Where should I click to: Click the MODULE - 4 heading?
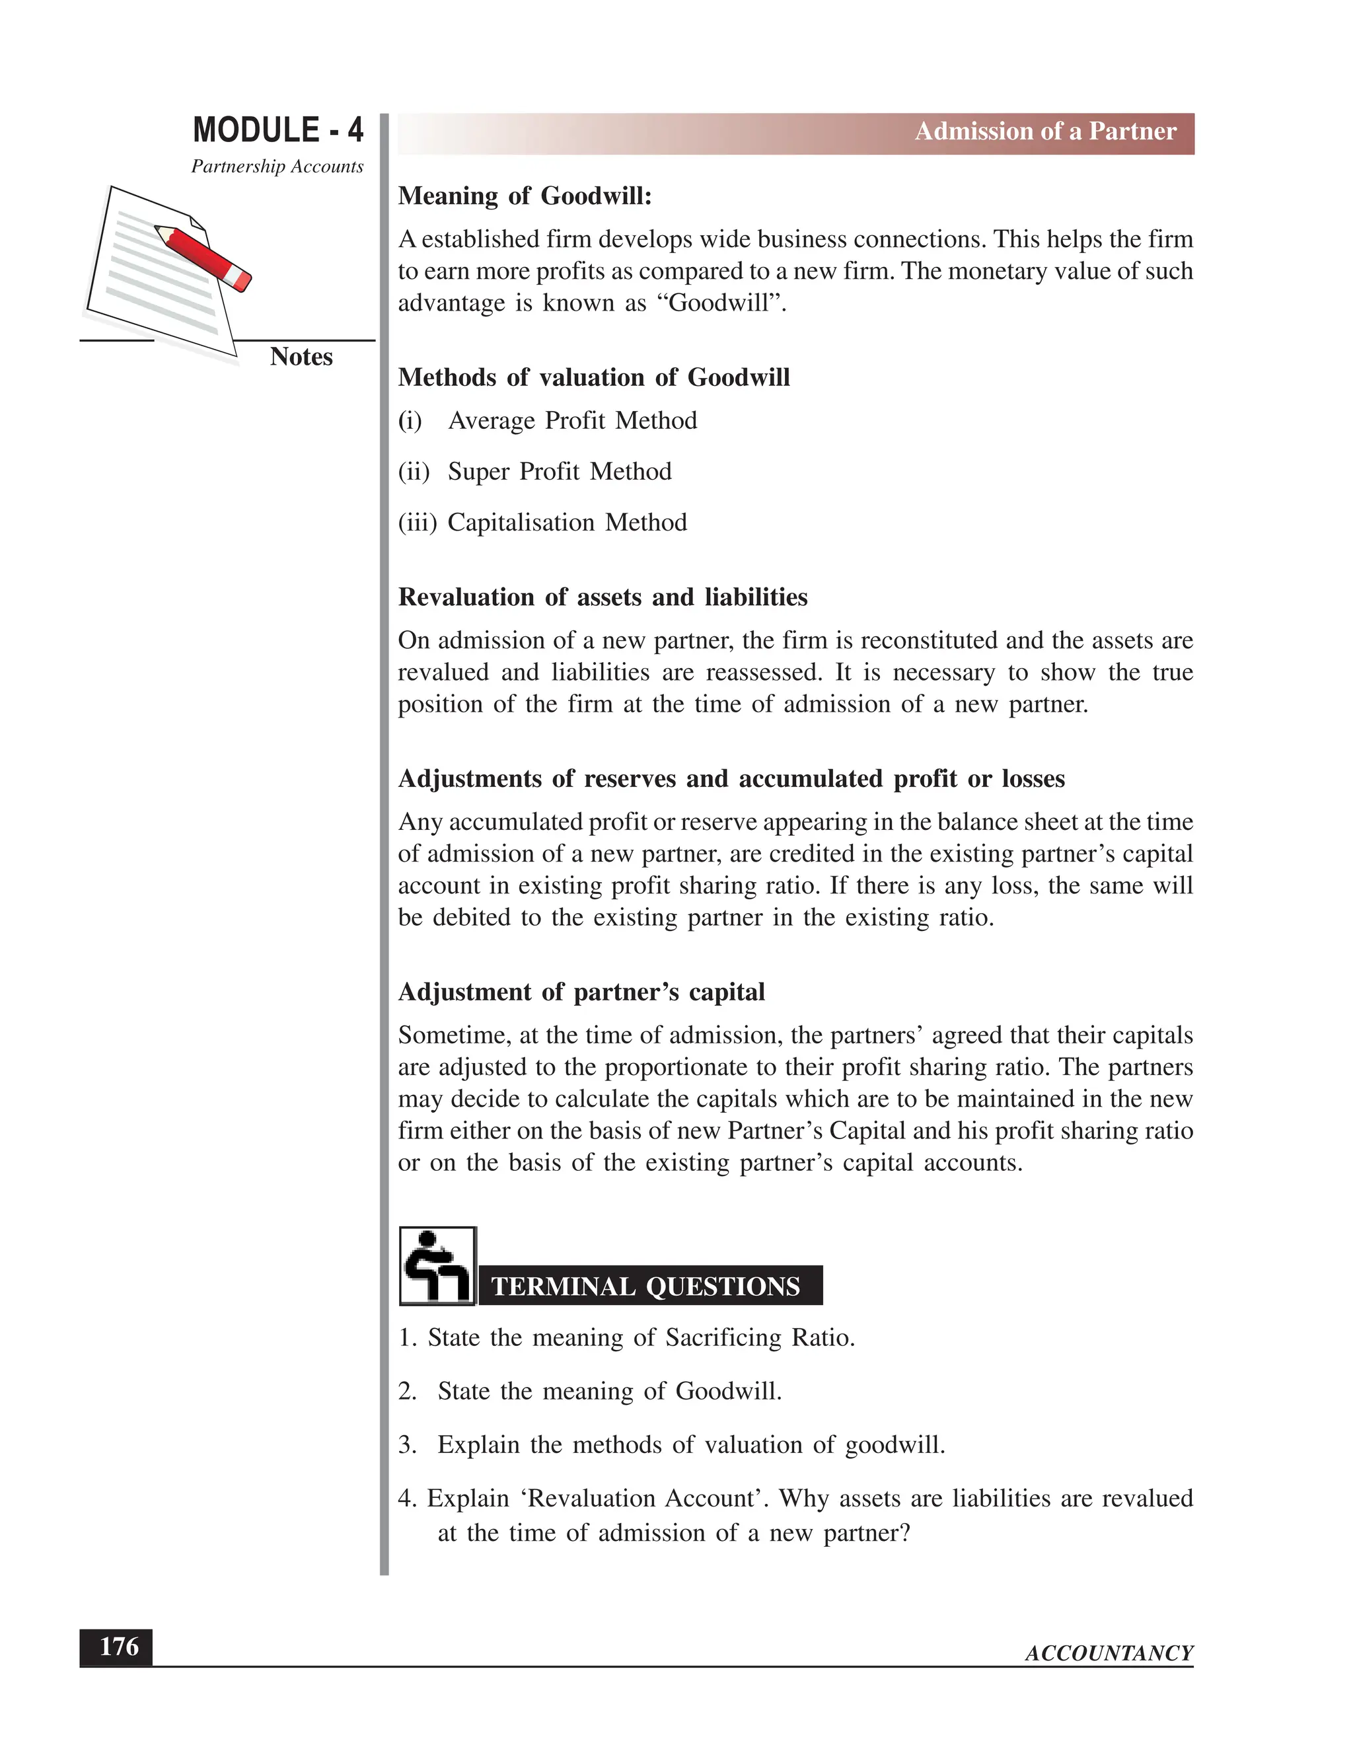tap(277, 130)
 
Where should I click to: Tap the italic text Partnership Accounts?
tap(277, 167)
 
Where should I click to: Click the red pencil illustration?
tap(203, 256)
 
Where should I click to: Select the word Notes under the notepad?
tap(301, 357)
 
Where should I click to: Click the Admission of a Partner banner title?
tap(1045, 131)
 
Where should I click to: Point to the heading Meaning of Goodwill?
tap(525, 196)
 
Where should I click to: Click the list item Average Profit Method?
tap(571, 421)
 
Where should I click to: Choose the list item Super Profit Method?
tap(559, 471)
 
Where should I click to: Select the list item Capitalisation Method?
tap(567, 523)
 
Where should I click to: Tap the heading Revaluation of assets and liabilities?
tap(603, 597)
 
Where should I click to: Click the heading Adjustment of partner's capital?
tap(581, 992)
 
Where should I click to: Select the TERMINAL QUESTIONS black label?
tap(646, 1286)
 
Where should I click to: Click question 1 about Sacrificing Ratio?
tap(627, 1337)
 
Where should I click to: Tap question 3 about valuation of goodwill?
tap(672, 1444)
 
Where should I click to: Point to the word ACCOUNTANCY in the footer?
tap(1109, 1653)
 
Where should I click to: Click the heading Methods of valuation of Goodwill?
tap(593, 377)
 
